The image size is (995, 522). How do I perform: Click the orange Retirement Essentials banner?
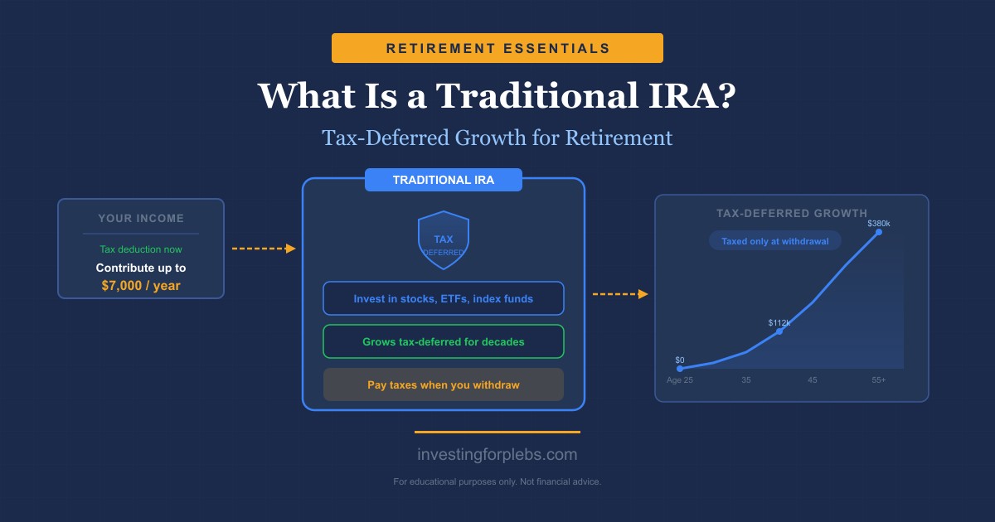tap(498, 48)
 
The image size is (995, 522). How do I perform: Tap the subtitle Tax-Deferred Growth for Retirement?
tap(498, 137)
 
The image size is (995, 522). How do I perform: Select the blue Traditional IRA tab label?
tap(444, 180)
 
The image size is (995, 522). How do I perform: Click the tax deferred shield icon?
tap(444, 240)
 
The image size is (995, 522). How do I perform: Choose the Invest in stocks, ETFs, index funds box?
tap(444, 298)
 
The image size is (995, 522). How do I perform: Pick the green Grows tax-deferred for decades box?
tap(444, 341)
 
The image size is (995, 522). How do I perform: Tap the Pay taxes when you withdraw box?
tap(444, 384)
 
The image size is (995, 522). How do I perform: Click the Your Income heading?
tap(141, 219)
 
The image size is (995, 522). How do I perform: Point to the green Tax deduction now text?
tap(141, 249)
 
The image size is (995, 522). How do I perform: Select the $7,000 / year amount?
tap(141, 286)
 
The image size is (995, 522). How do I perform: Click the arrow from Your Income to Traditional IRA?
tap(264, 249)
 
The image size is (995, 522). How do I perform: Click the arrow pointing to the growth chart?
tap(620, 293)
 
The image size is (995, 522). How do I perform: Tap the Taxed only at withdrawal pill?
tap(775, 240)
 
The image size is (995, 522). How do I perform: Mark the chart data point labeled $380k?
tap(879, 232)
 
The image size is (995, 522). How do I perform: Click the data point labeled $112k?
tap(779, 331)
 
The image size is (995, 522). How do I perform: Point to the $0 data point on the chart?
tap(680, 368)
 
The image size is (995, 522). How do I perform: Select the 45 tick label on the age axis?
tap(813, 380)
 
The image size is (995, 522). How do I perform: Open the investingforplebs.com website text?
tap(498, 455)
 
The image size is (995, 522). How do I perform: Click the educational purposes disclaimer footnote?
tap(498, 481)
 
